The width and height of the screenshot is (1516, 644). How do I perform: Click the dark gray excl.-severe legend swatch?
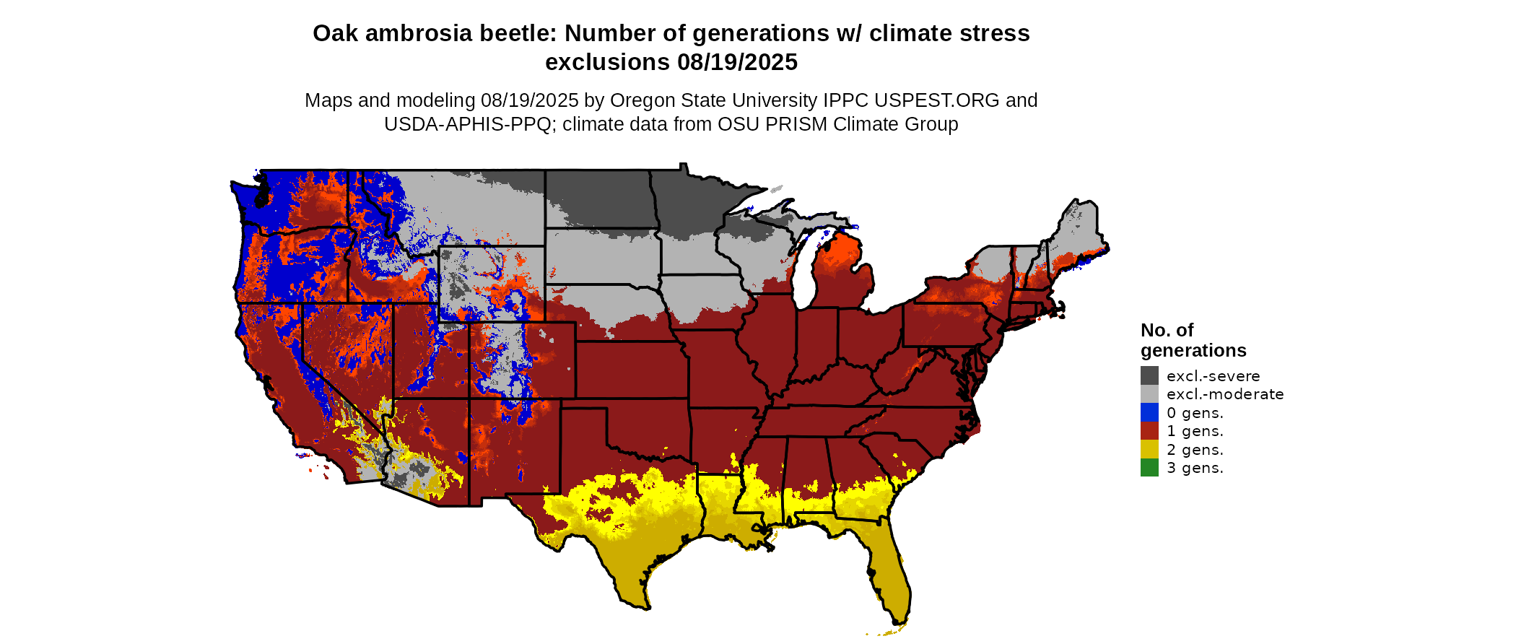click(1149, 375)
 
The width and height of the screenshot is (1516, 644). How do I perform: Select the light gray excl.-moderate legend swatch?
click(1149, 394)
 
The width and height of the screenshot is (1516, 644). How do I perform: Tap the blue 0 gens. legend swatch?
click(1149, 412)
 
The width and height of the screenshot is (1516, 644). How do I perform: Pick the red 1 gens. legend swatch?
click(1149, 431)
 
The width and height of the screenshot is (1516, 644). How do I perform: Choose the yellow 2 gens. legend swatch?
click(1149, 449)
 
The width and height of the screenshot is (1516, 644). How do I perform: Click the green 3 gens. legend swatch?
click(1149, 468)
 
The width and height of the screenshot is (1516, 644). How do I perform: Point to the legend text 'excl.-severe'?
click(1213, 376)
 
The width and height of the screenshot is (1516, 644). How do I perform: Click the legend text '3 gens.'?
click(1195, 468)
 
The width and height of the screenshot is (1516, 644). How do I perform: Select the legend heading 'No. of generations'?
click(1193, 340)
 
